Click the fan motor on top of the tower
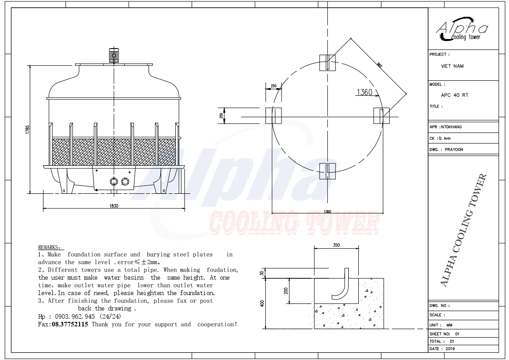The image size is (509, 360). coord(114,55)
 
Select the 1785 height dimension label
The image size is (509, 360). coord(28,129)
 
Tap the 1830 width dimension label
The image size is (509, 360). coord(114,206)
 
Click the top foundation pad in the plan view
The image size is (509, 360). coord(327,63)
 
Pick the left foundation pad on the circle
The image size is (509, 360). coord(273,116)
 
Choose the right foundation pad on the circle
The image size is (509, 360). coord(381,116)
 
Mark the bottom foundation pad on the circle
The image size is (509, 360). coord(327,171)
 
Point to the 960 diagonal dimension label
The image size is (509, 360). coord(380,65)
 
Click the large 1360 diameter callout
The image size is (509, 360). coord(364,92)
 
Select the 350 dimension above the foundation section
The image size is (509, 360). coord(336,245)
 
